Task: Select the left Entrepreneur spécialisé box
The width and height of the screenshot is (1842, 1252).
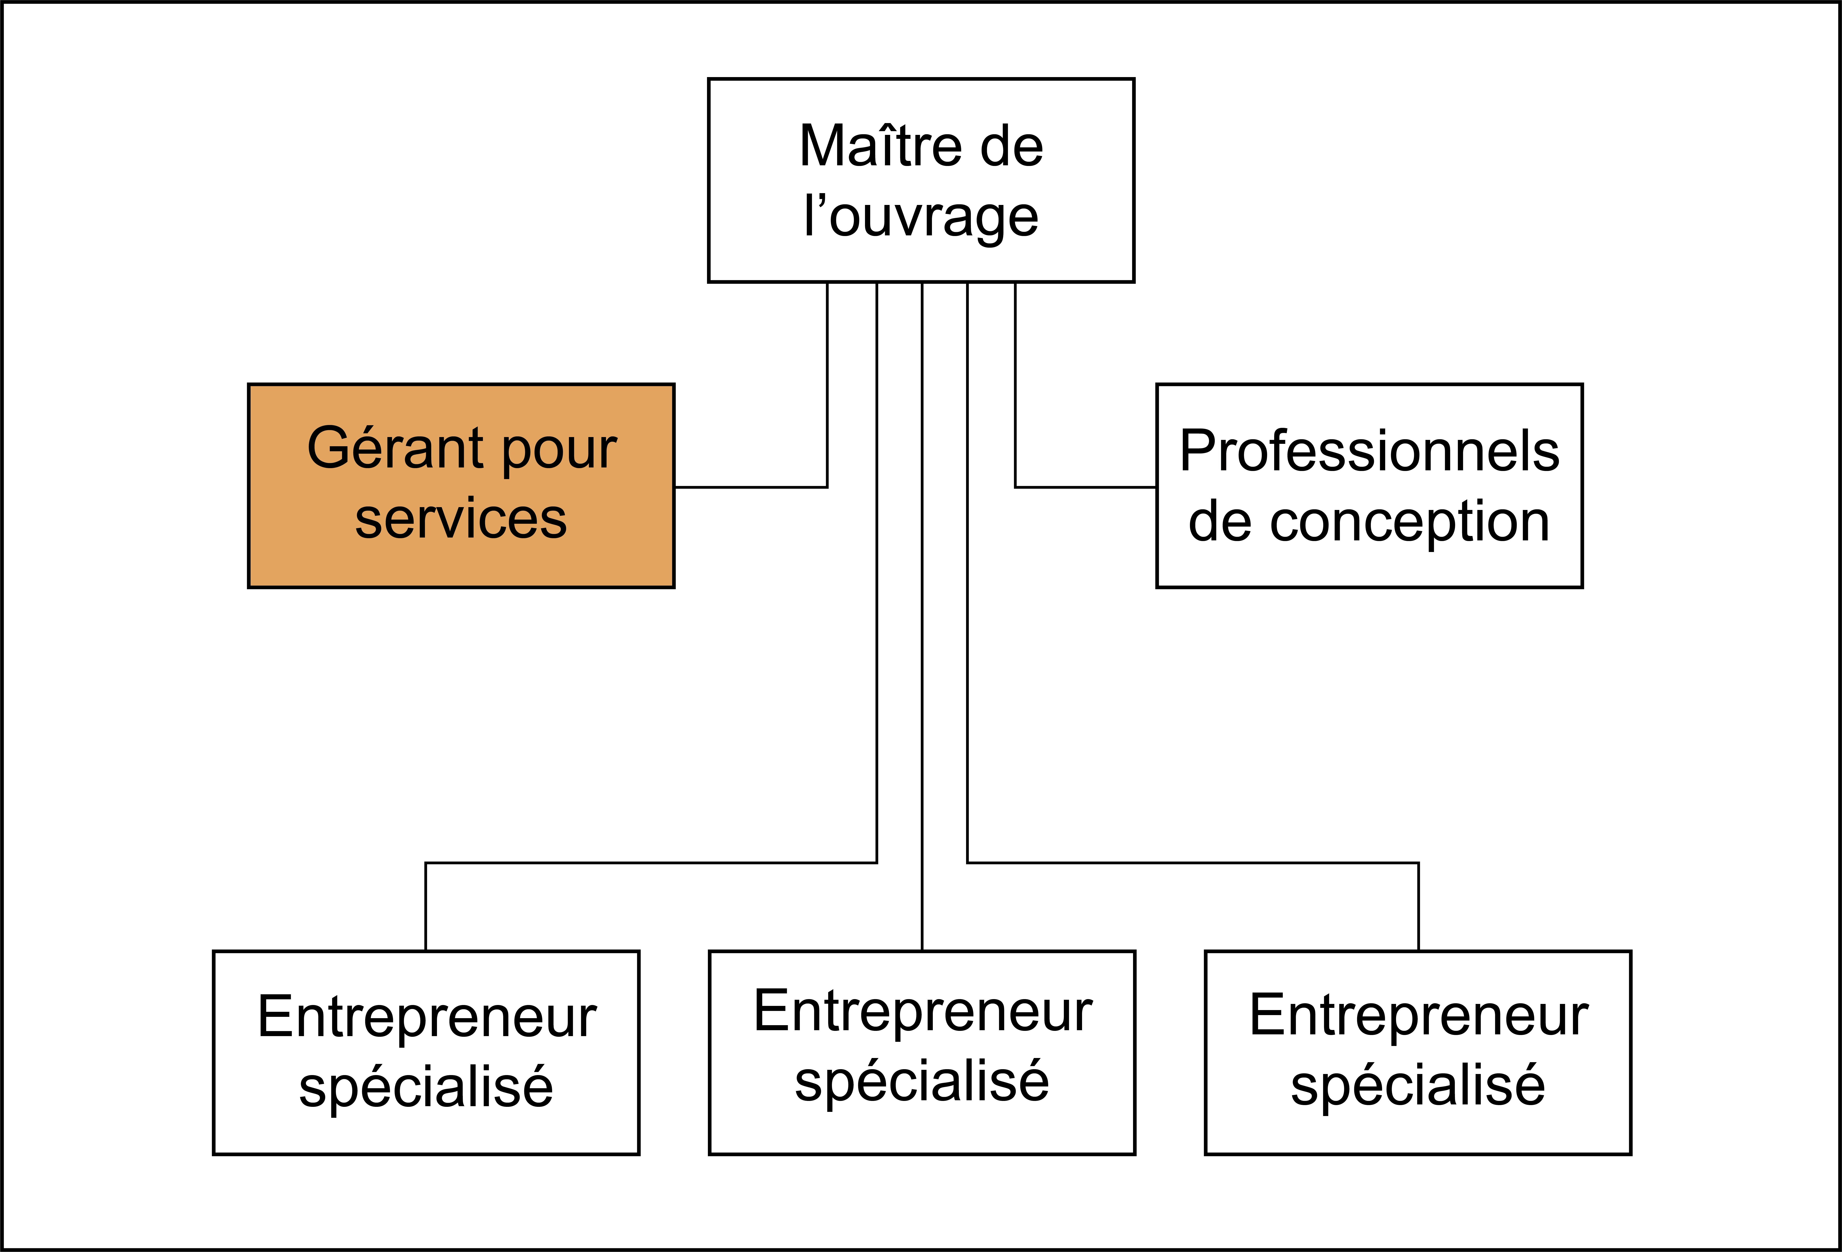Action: [x=426, y=1052]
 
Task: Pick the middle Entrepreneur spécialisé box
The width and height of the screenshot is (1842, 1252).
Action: [x=922, y=1052]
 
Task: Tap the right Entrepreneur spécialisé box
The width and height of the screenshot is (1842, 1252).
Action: [x=1418, y=1052]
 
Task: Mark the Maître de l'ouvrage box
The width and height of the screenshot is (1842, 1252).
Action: [x=921, y=180]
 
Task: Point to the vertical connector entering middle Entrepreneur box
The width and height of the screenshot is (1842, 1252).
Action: [x=922, y=616]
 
